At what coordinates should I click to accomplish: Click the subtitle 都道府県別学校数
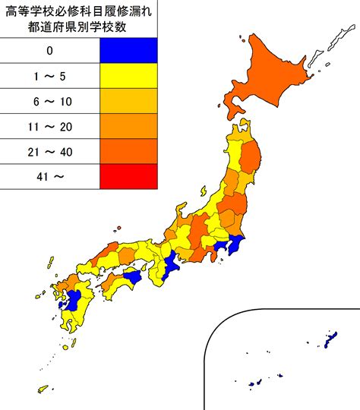point(78,28)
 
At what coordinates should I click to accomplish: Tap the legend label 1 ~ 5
point(49,76)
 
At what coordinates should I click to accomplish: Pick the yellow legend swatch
point(128,76)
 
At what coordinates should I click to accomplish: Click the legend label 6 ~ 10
point(49,101)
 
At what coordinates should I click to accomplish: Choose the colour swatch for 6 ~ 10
point(128,101)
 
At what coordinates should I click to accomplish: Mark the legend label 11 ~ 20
point(49,126)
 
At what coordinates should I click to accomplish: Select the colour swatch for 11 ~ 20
point(128,126)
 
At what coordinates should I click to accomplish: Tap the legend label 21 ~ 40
point(49,151)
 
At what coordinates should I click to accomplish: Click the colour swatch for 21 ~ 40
point(128,151)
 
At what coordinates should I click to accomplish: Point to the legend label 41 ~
point(49,176)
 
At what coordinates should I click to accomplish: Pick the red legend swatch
point(128,176)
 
